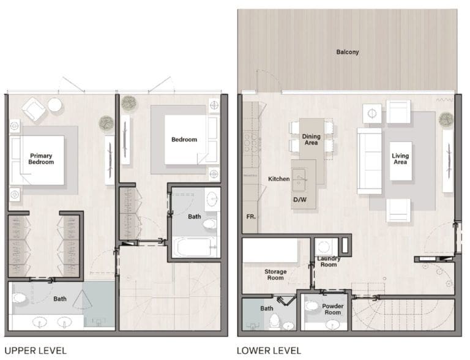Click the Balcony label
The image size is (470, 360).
click(347, 52)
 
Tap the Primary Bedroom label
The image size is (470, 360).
click(41, 159)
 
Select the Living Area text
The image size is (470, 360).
click(400, 159)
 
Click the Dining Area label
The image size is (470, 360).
click(311, 140)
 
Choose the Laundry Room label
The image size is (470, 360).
click(328, 261)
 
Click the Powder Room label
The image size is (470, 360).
click(333, 309)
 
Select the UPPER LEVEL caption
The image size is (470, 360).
click(33, 351)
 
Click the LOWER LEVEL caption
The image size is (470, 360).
click(269, 351)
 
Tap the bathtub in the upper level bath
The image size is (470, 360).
click(193, 247)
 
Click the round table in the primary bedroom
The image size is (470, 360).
click(55, 105)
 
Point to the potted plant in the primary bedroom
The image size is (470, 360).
click(106, 124)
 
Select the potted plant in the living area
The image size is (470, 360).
click(447, 119)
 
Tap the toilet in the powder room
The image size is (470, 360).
click(311, 308)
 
